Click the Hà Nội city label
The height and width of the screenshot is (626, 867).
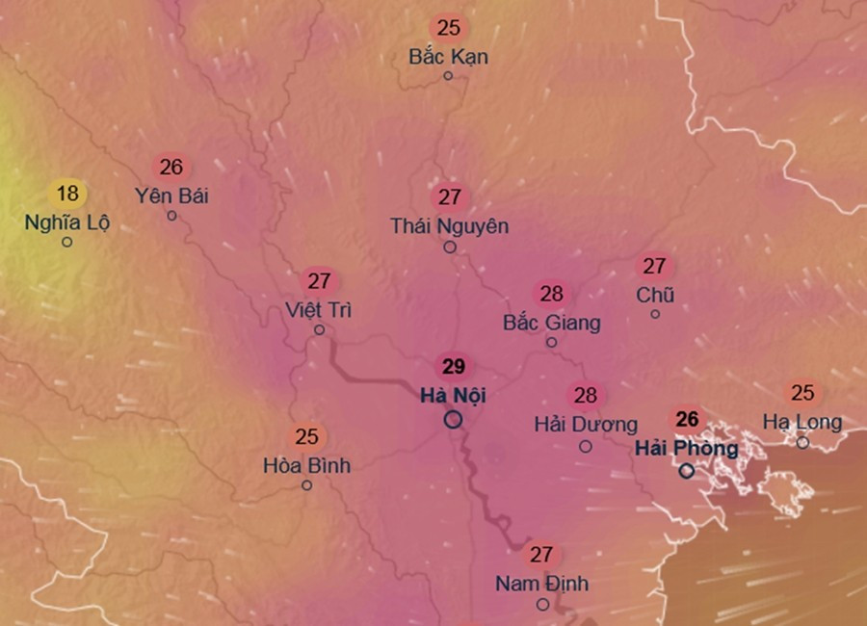[x=453, y=395]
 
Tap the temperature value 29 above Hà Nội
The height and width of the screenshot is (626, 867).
[x=453, y=367]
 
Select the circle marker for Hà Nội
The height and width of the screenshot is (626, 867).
[x=453, y=420]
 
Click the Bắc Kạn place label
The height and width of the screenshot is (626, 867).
[x=448, y=57]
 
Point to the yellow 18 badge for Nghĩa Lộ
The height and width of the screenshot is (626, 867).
[x=67, y=194]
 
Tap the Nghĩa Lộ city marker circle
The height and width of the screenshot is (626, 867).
[x=66, y=242]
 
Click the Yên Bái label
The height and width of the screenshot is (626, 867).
[x=171, y=196]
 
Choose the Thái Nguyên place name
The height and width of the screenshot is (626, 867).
[x=449, y=226]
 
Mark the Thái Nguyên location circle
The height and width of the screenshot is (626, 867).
[x=450, y=248]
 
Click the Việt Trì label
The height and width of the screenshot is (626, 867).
[x=319, y=310]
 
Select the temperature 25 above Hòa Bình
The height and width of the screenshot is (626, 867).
[x=306, y=437]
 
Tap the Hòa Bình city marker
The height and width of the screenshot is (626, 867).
[x=306, y=485]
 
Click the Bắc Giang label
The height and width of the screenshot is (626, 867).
[x=551, y=323]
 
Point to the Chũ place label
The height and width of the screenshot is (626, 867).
[x=655, y=295]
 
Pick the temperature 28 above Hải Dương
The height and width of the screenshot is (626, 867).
[x=586, y=396]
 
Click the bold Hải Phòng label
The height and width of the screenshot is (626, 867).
[x=687, y=449]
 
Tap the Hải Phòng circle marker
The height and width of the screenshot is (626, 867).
[x=687, y=471]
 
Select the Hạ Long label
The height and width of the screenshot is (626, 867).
[x=802, y=422]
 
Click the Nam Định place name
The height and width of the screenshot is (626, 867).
[x=541, y=584]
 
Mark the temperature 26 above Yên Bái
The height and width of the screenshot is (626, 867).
[x=171, y=168]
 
